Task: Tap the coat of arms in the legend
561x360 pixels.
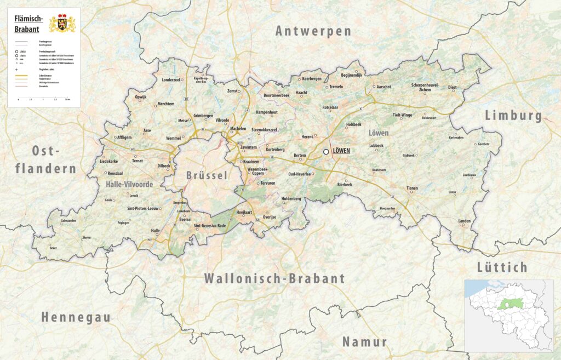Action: click(62, 23)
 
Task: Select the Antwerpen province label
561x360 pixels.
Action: click(313, 31)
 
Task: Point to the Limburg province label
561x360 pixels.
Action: click(513, 116)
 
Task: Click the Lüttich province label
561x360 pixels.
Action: click(502, 267)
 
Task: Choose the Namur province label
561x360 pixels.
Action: click(365, 342)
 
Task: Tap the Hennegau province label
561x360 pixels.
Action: click(76, 317)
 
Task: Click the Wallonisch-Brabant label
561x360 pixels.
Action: click(274, 278)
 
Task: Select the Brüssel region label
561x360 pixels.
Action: click(205, 176)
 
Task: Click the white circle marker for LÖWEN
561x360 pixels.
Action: click(326, 152)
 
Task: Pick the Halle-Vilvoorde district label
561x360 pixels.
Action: click(129, 185)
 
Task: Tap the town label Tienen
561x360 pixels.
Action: click(411, 188)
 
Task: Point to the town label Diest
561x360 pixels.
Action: click(452, 87)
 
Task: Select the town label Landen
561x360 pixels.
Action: click(464, 221)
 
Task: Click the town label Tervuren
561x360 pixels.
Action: click(267, 183)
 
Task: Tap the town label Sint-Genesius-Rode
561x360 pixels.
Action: click(210, 226)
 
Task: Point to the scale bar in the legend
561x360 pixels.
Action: click(43, 98)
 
